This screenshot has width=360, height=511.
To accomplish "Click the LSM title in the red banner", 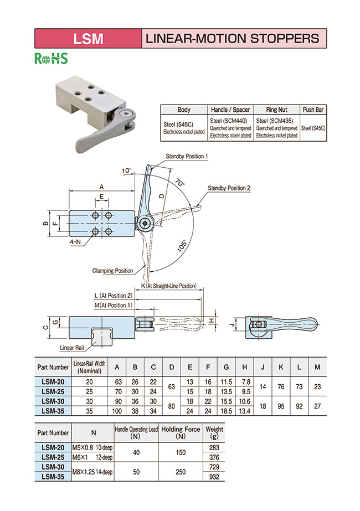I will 89,38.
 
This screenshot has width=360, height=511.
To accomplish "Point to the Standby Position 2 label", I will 229,188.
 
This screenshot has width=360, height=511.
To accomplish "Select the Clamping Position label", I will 112,271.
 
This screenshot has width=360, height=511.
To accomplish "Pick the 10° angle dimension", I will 127,171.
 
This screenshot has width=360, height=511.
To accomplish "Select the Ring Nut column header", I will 276,110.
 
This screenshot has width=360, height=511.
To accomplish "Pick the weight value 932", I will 214,477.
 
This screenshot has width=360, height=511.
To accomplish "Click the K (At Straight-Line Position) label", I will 169,286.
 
